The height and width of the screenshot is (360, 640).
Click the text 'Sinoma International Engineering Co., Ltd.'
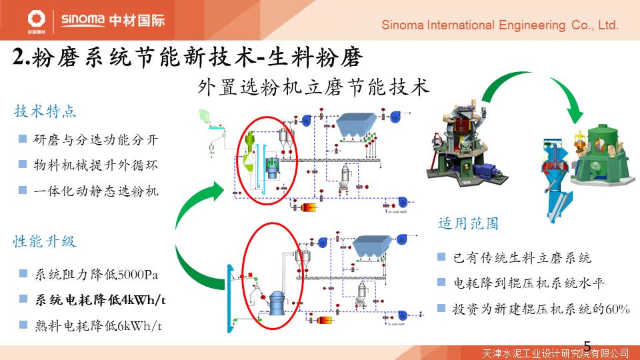500,25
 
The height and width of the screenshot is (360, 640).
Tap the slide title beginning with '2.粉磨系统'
187,58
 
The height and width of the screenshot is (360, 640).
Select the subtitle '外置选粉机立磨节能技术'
313,87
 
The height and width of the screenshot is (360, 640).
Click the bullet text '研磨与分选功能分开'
97,140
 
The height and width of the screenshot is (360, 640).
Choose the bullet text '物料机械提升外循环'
97,165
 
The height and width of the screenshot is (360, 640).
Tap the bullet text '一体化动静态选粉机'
97,191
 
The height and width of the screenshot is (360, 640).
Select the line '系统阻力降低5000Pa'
97,274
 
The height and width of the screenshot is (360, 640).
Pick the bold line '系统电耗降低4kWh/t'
101,300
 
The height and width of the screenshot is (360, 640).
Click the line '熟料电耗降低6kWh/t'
99,326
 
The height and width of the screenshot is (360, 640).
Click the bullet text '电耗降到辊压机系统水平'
528,283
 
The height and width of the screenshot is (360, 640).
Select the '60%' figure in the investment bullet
617,309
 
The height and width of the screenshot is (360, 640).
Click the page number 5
587,345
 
